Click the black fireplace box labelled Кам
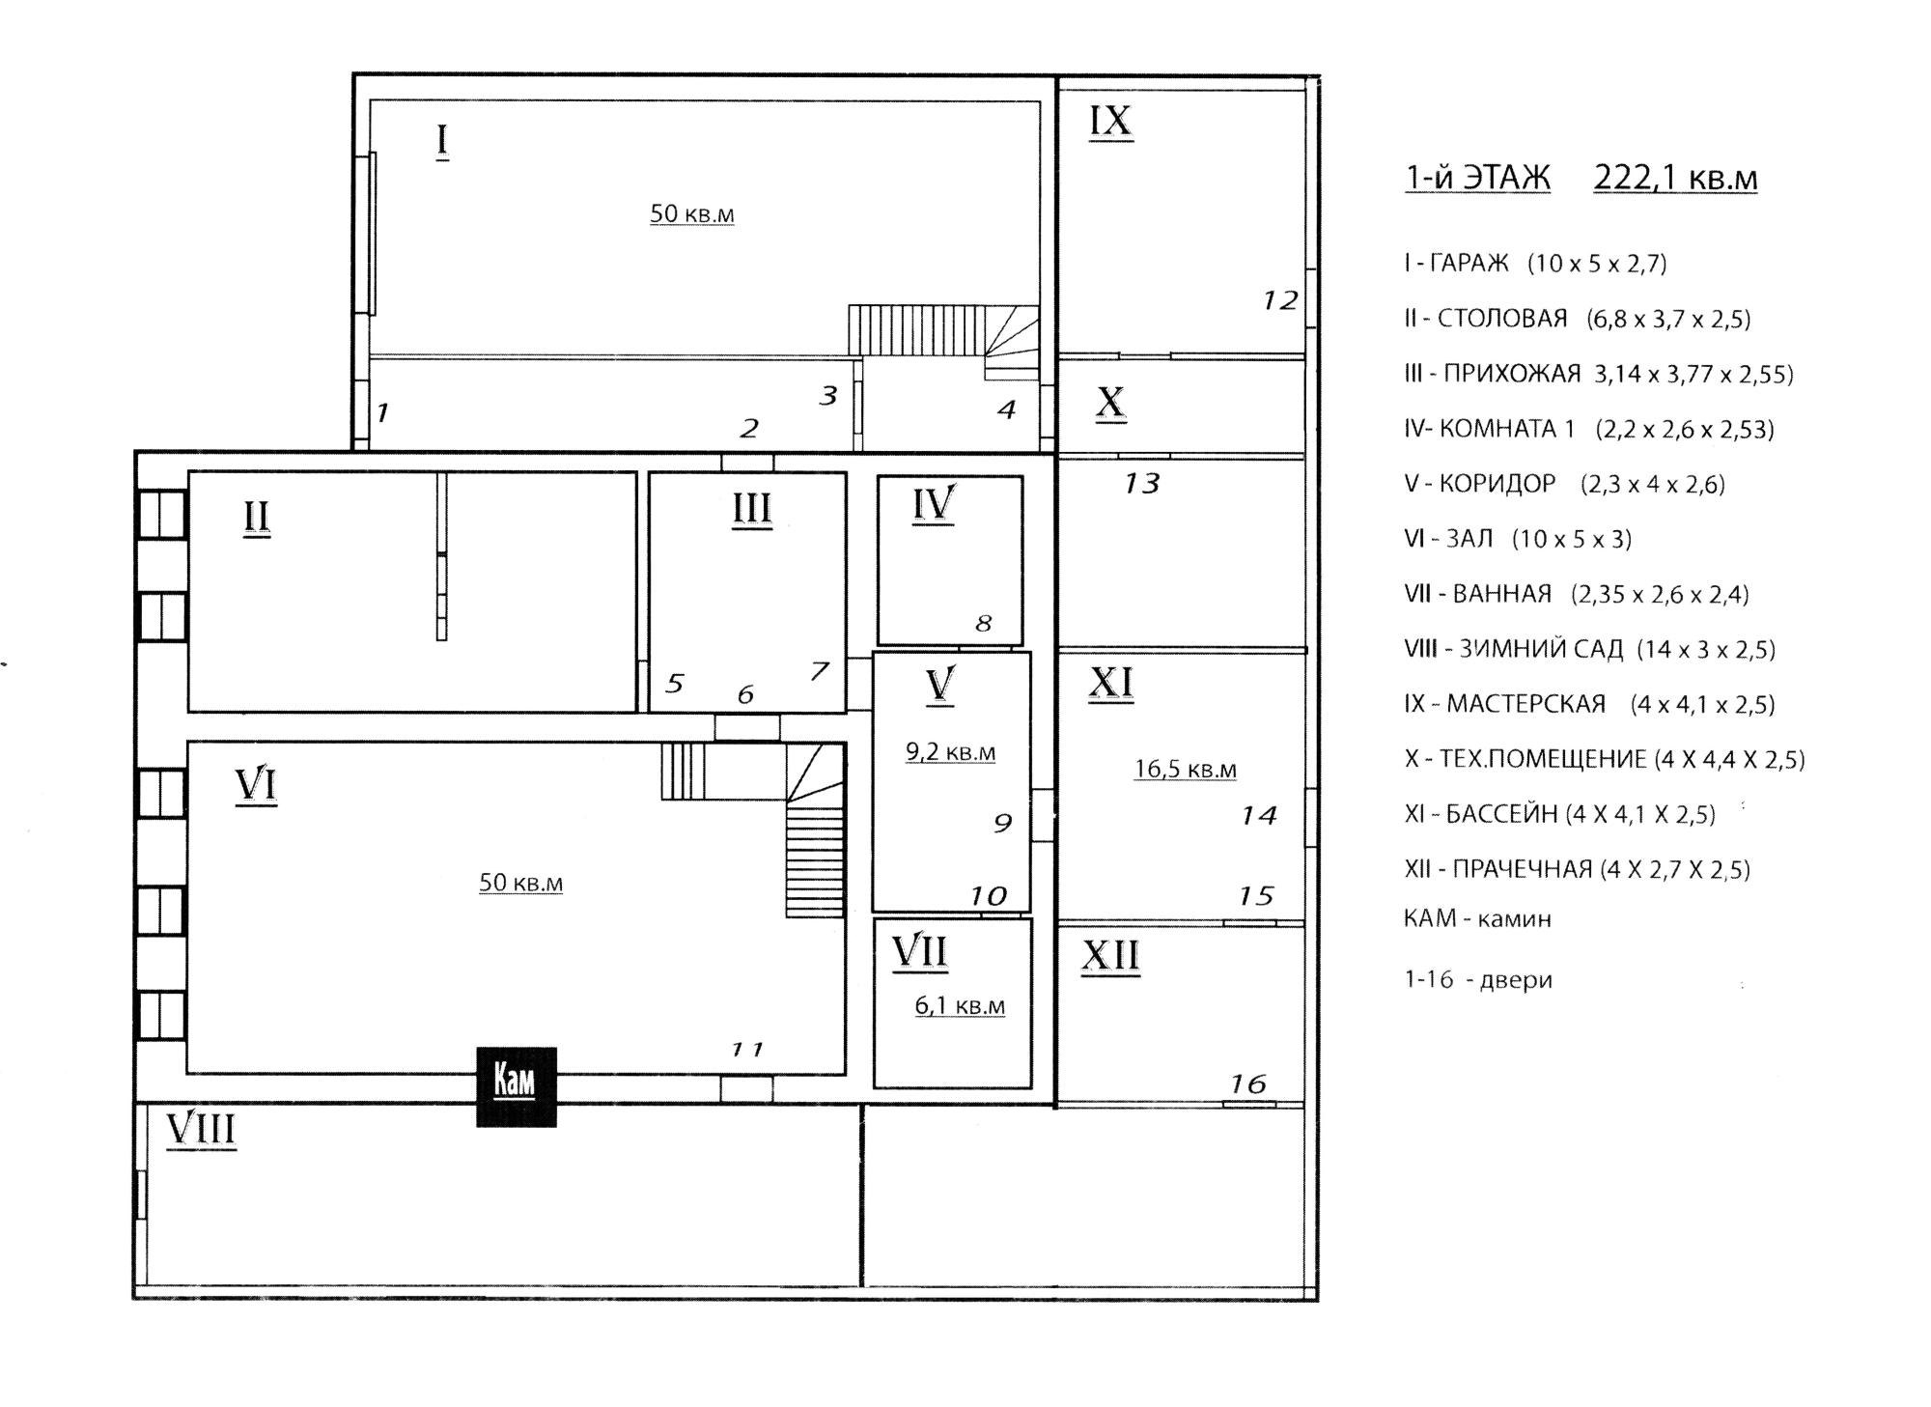[517, 1086]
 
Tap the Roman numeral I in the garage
[442, 141]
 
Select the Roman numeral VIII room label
[201, 1129]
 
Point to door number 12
[1280, 301]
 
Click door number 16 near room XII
[1247, 1084]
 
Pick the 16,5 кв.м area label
[1185, 770]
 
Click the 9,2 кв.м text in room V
[950, 752]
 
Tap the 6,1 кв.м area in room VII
[960, 1006]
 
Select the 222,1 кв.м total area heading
[1675, 179]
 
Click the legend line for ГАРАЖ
[1535, 264]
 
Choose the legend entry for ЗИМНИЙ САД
[1589, 649]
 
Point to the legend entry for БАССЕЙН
[1559, 814]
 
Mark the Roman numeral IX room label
[1110, 122]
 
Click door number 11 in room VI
[747, 1049]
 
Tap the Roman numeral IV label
[934, 504]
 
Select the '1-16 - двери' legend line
[1477, 980]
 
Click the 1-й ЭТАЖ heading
[1477, 179]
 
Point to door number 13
[1141, 483]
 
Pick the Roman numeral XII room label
[1110, 956]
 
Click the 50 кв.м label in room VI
[520, 883]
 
